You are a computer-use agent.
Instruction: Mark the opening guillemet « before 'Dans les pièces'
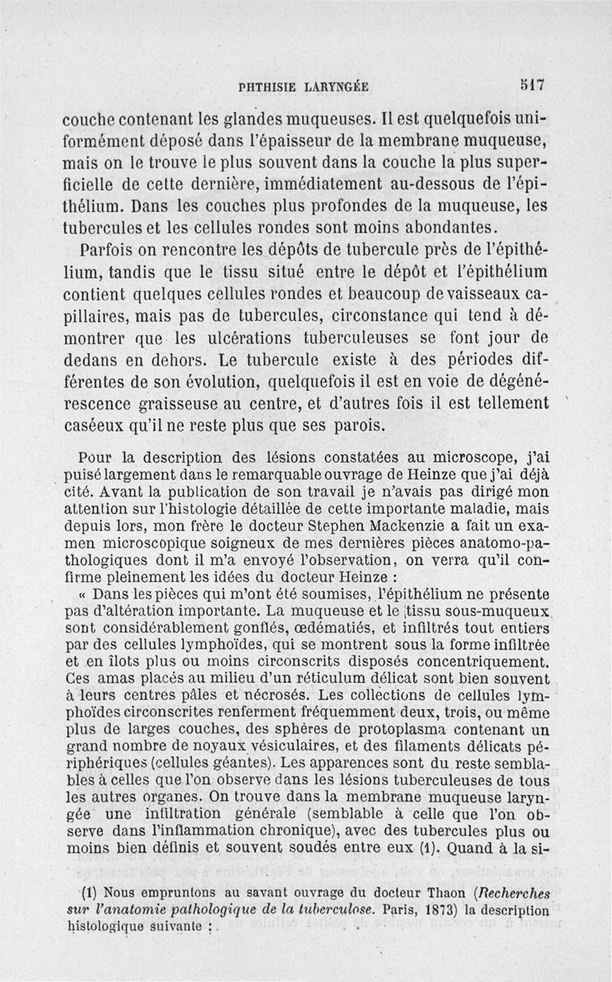84,593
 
